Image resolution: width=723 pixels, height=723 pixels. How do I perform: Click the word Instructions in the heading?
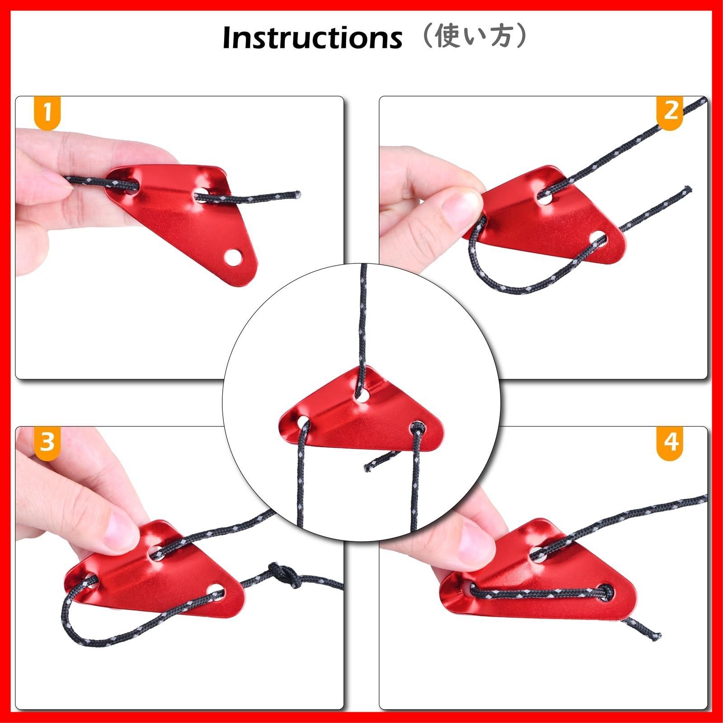(x=312, y=38)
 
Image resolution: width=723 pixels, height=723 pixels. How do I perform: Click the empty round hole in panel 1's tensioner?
(x=233, y=257)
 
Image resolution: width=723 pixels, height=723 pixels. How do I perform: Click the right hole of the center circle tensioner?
(x=418, y=427)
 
